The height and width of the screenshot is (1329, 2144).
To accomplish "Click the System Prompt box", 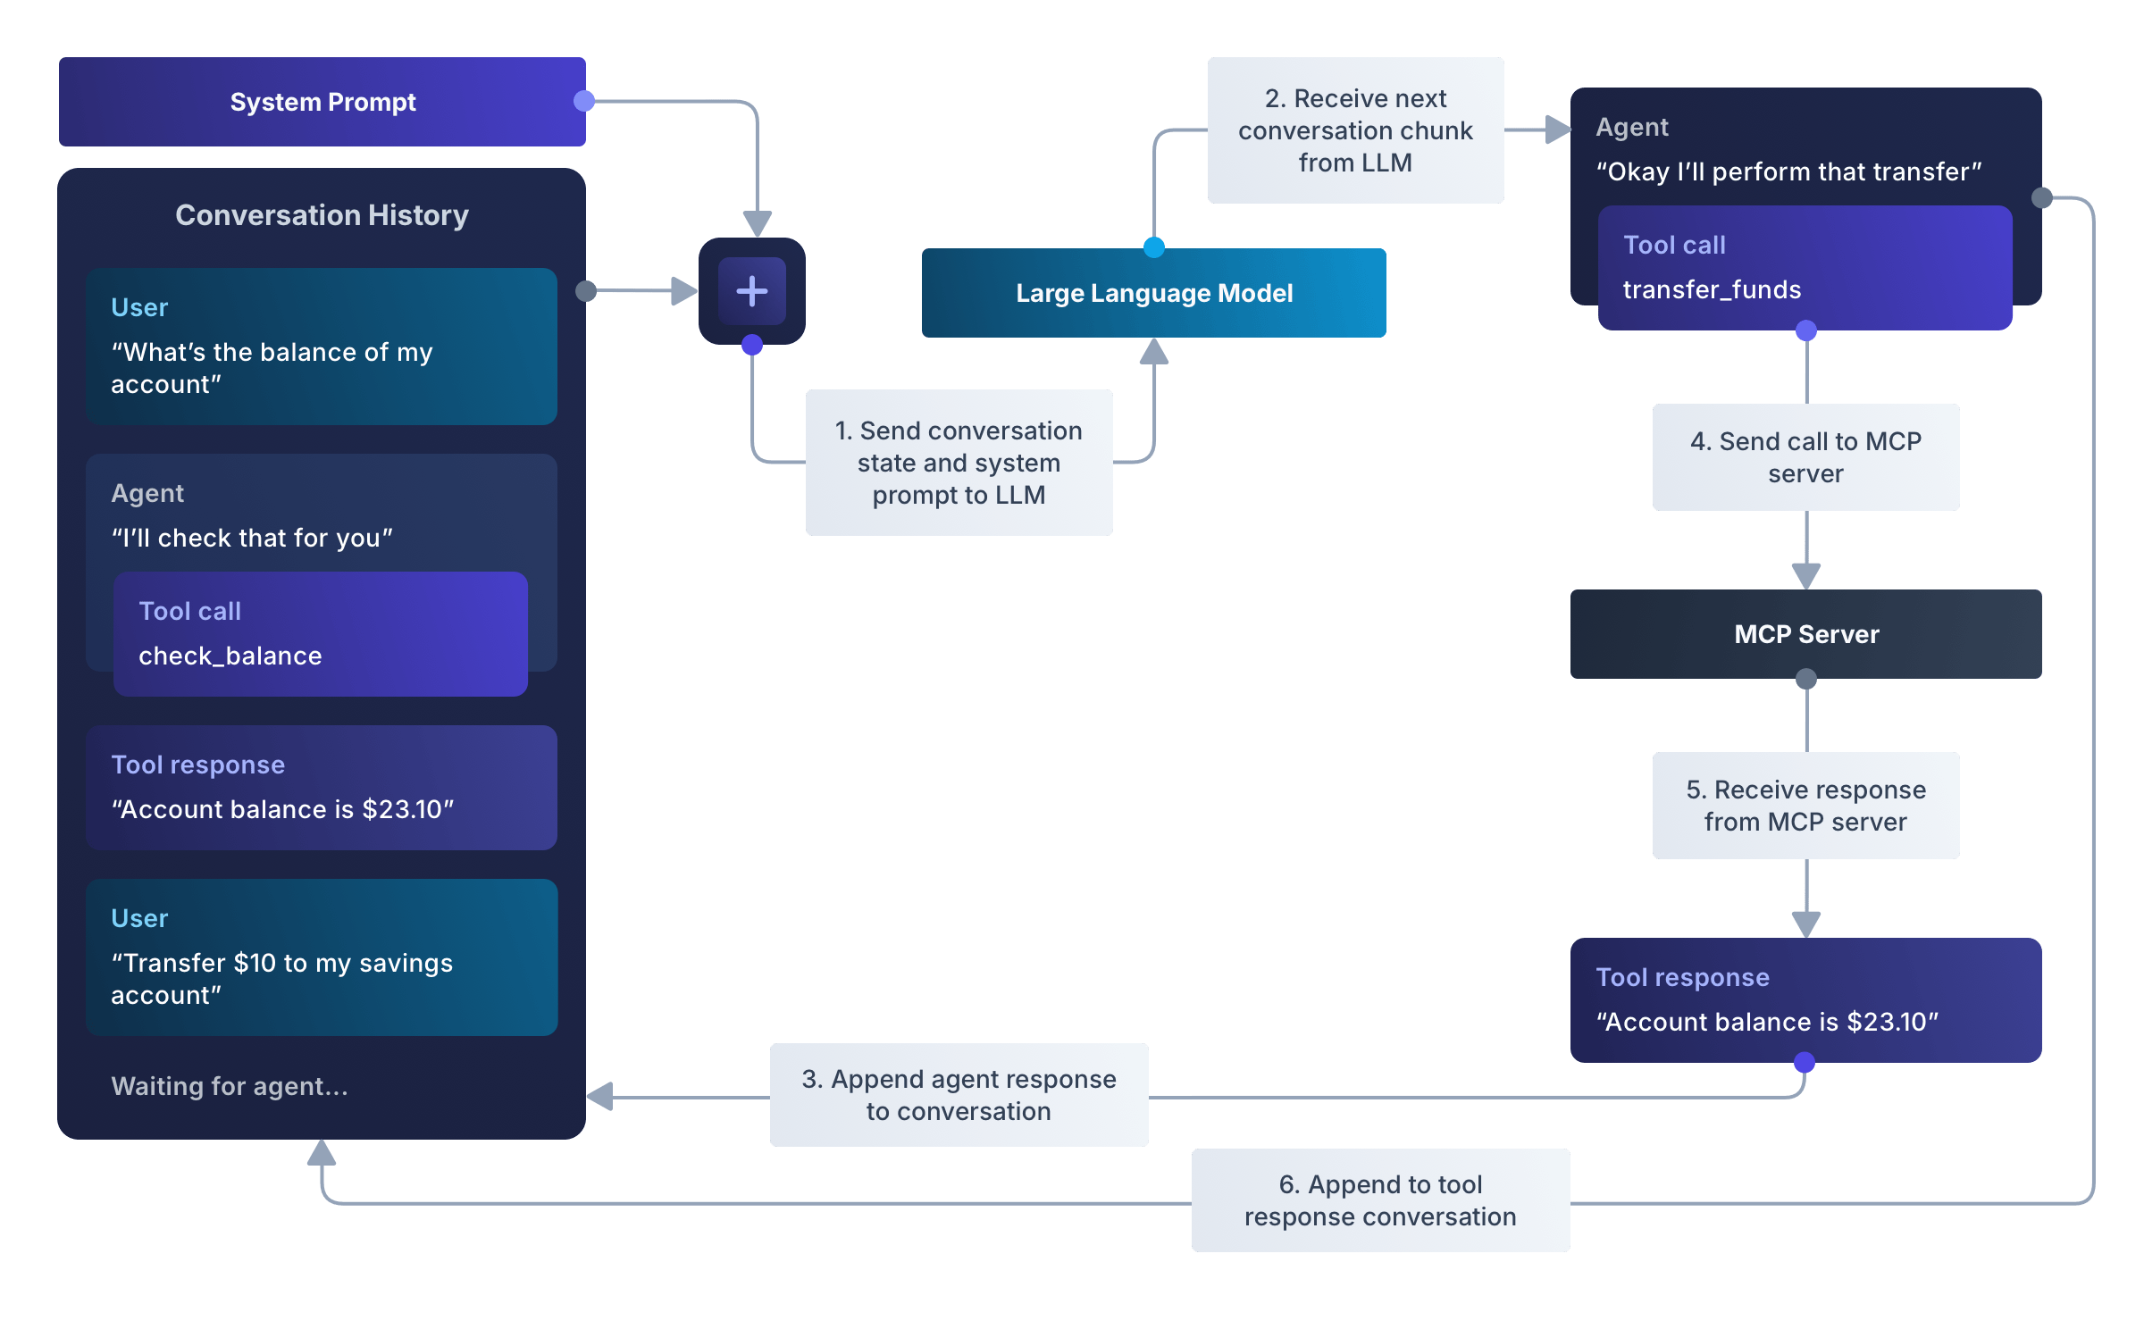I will pos(322,102).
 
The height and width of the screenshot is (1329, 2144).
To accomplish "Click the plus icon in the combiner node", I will pos(751,291).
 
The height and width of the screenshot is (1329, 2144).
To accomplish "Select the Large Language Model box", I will pos(1153,293).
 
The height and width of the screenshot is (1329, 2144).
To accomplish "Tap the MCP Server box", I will pos(1805,634).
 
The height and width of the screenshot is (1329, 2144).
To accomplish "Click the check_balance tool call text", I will pos(230,656).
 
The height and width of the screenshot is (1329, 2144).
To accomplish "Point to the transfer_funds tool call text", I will pos(1712,289).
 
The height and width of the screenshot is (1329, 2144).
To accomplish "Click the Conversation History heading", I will pos(322,215).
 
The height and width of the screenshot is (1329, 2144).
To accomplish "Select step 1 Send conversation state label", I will pos(959,463).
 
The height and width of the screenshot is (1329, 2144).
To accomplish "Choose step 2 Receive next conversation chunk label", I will pos(1355,130).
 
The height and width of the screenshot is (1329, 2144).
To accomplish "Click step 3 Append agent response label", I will pos(959,1095).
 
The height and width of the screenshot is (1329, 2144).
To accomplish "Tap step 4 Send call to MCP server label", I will pos(1805,457).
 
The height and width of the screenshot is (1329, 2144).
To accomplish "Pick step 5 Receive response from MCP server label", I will pos(1805,806).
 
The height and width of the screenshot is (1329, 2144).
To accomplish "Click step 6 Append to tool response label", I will pos(1380,1200).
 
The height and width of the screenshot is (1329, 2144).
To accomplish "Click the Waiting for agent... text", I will pos(230,1086).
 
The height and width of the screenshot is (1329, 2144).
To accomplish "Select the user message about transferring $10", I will pos(281,978).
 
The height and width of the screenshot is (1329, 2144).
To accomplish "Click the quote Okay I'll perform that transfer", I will pos(1788,171).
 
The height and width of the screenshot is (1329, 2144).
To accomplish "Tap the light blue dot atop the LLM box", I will pos(1154,247).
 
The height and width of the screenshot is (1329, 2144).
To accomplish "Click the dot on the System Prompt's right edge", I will pos(584,101).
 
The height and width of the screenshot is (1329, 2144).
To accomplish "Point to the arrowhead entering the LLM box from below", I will pos(1154,352).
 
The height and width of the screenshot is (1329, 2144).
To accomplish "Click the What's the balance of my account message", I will pos(272,367).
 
